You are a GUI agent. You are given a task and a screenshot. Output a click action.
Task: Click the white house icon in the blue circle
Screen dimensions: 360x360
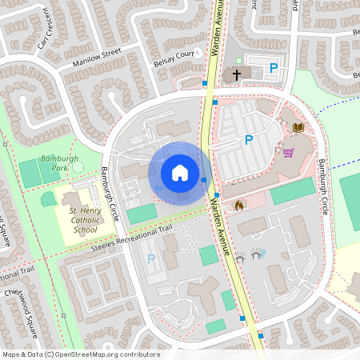coord(180,172)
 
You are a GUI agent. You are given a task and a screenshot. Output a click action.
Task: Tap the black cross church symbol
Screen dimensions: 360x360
coord(236,74)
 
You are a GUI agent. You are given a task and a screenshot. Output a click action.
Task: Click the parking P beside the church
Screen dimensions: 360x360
coord(274,69)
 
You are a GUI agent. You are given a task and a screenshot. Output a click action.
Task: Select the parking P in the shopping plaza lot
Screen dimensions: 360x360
coord(248,140)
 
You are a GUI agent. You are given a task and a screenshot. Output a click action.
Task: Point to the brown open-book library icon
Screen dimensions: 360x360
coord(298,127)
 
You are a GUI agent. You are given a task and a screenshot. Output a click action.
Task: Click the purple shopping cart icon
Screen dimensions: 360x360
coord(288,151)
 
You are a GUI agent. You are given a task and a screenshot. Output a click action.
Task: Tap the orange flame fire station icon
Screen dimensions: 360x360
coord(238,206)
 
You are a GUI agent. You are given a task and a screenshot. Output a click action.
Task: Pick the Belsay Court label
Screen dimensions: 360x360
coord(174,58)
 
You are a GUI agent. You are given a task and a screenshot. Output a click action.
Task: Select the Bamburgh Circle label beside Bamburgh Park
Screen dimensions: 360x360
coord(110,194)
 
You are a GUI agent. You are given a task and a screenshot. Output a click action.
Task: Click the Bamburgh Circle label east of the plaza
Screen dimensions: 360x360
coord(322,186)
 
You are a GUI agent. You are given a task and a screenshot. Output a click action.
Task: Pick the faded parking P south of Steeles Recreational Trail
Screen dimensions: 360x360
coord(151,259)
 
